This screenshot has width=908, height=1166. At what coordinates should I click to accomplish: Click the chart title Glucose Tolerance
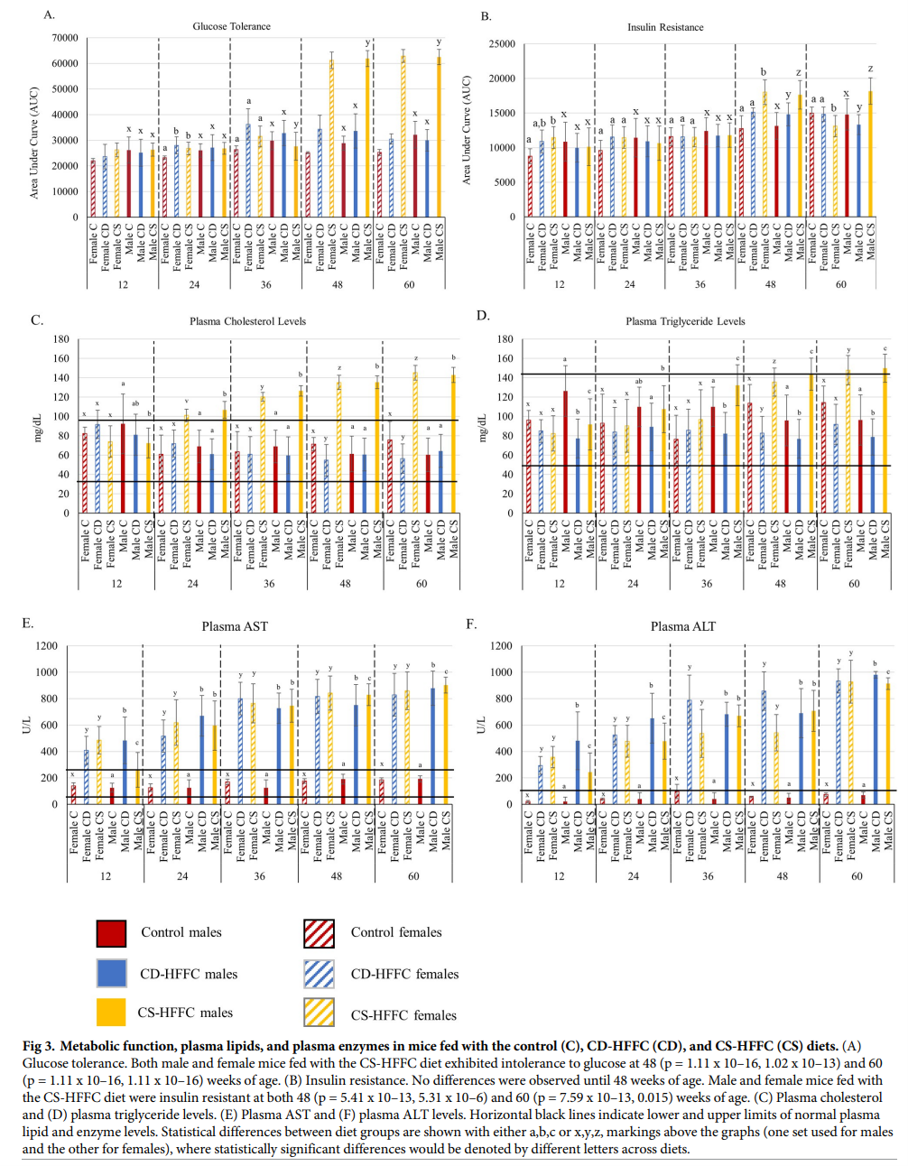231,26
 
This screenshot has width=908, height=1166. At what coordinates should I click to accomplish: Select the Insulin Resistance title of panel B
665,27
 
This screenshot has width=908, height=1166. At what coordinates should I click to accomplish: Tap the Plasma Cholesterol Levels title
247,321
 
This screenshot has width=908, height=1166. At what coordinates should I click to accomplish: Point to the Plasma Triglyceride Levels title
685,321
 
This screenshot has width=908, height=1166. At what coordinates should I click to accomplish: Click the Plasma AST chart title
234,626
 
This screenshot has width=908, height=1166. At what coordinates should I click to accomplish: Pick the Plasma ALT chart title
682,626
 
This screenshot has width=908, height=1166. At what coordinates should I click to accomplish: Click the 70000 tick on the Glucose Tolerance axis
65,38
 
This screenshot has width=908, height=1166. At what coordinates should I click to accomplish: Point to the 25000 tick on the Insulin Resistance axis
502,44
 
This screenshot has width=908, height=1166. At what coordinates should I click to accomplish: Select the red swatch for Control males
111,933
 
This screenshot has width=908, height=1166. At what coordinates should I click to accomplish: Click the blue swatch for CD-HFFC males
111,973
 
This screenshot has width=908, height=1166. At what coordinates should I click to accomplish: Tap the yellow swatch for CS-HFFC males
111,1013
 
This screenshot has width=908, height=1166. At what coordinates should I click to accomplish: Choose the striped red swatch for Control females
320,933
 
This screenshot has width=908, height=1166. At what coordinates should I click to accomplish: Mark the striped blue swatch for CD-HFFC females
320,973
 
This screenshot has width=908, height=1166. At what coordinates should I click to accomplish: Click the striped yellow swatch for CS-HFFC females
320,1013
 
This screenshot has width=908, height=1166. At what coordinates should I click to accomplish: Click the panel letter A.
50,14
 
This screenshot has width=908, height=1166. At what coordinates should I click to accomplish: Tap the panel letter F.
471,624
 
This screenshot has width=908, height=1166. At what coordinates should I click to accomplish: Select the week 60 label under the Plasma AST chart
413,876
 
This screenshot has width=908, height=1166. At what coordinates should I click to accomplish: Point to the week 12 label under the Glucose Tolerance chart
123,284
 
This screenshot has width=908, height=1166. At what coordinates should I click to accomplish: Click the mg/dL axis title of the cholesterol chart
39,428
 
